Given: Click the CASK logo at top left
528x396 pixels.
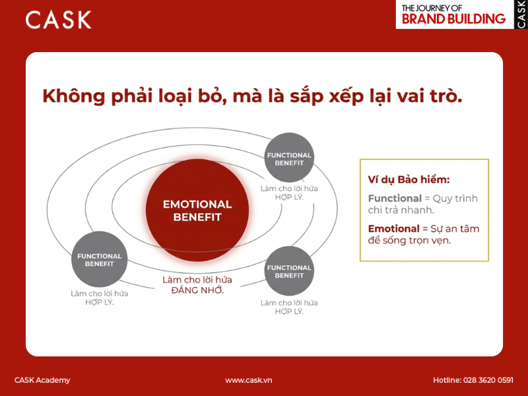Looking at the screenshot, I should (x=58, y=20).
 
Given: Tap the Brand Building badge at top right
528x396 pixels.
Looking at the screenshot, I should (x=454, y=15).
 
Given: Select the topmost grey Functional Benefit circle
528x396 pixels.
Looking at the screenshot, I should (x=288, y=159).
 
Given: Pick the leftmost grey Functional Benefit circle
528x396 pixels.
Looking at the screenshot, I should (x=99, y=259).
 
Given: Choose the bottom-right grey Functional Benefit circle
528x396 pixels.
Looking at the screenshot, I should (x=288, y=271).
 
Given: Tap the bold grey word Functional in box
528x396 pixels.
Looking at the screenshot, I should (x=395, y=198).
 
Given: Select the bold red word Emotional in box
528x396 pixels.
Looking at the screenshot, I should (x=393, y=228).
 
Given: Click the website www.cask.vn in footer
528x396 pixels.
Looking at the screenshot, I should (x=248, y=380).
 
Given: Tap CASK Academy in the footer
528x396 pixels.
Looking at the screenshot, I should (x=42, y=380).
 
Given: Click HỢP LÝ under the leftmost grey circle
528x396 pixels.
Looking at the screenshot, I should (x=99, y=302).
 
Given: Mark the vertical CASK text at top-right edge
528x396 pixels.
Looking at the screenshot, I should (x=521, y=14).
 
